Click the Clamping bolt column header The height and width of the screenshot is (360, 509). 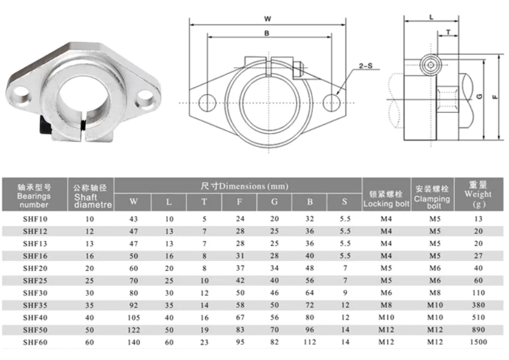432,196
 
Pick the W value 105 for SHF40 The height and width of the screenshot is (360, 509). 134,317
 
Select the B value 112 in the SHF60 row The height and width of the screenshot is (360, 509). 309,342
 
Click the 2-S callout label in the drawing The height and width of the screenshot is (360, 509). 366,67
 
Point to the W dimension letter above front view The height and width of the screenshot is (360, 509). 267,19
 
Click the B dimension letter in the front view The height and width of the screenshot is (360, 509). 267,33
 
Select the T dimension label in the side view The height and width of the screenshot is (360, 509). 449,32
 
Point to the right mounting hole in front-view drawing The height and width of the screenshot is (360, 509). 331,103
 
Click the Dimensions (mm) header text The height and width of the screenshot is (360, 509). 244,185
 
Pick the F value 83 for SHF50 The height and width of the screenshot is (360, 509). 240,330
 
